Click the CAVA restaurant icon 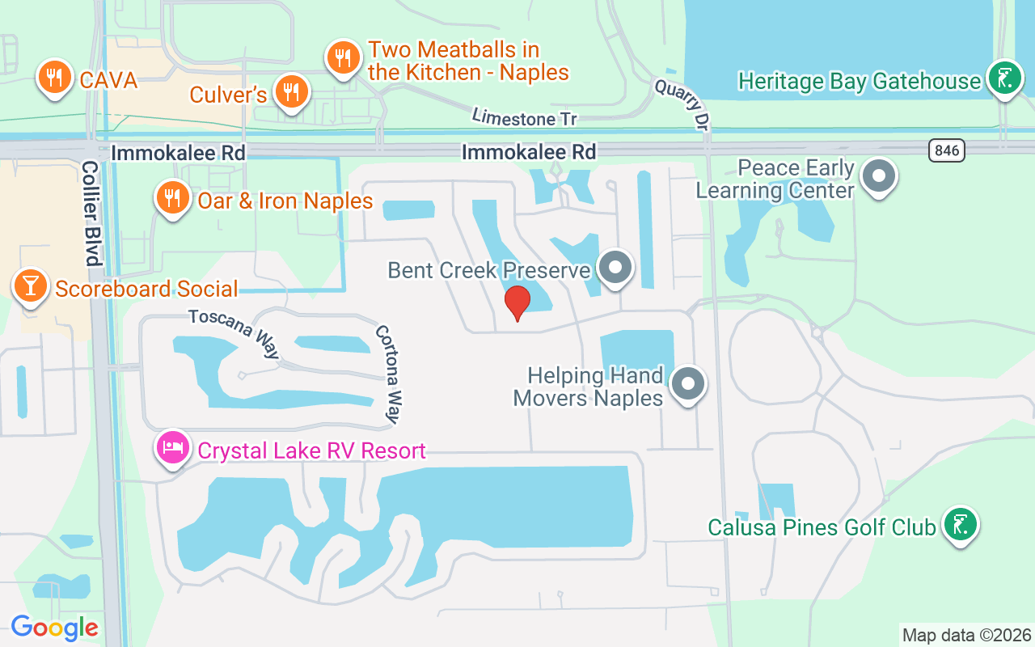pos(54,78)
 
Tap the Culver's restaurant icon pos(291,91)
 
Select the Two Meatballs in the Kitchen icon pos(344,57)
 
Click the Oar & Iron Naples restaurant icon pos(172,197)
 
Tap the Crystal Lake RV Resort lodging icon pos(173,448)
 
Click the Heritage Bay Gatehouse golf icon pos(1003,79)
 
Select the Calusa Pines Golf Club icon pos(960,525)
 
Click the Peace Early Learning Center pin pos(878,175)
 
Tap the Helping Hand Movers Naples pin pos(688,383)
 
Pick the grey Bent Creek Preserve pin pos(616,266)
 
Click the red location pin pos(517,303)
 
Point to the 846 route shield pos(947,150)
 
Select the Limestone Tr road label pos(524,118)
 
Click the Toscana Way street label pos(234,332)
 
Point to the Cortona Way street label pos(387,374)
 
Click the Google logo pos(54,628)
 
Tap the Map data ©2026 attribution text pos(967,635)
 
